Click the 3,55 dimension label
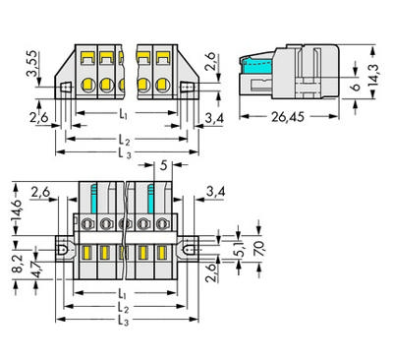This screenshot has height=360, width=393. [32, 64]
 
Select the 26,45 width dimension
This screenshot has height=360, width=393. [288, 117]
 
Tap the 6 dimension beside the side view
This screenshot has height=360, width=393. [356, 87]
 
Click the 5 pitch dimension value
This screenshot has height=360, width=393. [163, 166]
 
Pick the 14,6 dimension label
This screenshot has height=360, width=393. [17, 210]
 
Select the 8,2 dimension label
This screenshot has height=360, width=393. [19, 264]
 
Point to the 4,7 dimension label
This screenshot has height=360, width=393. [37, 269]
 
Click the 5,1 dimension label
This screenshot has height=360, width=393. [242, 250]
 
